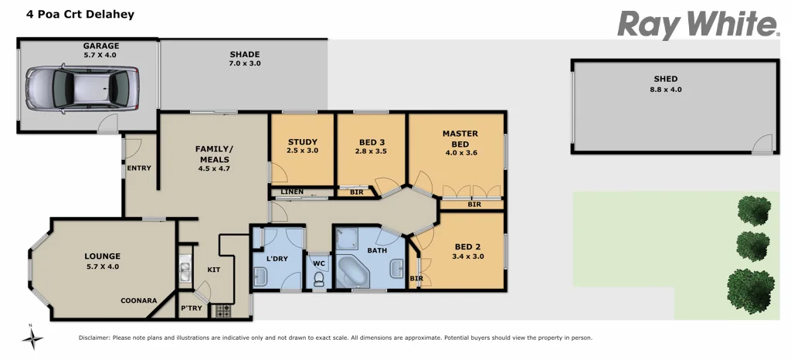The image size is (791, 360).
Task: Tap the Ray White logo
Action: coord(698,25)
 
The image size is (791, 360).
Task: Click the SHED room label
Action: coord(665,79)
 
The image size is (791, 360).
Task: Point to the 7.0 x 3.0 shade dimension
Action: coord(244,63)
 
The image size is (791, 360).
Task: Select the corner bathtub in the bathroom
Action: coord(355,272)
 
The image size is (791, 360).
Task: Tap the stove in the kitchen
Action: coord(222,311)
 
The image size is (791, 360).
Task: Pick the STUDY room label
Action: coord(302,142)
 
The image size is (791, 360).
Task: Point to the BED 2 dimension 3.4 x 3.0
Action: coord(467,256)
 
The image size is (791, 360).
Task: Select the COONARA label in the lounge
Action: coord(139,301)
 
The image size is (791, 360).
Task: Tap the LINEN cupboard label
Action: coord(292,192)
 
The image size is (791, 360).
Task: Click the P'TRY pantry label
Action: coord(190,307)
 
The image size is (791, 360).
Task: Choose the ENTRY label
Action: coord(139,168)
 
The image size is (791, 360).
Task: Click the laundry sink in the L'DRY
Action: coord(261,276)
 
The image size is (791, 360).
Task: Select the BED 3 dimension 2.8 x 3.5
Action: coord(372,151)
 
